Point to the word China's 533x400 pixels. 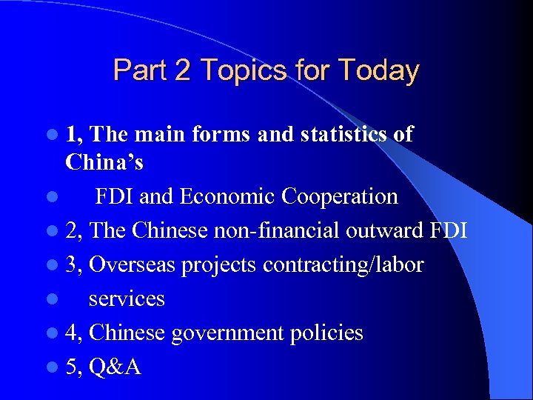click(104, 161)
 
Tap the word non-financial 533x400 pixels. click(277, 230)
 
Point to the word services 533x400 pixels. click(127, 299)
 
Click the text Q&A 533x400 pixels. click(115, 367)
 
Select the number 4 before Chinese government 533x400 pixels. click(72, 333)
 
